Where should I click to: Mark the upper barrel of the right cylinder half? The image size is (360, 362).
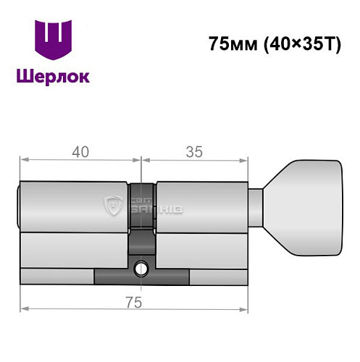click(202, 206)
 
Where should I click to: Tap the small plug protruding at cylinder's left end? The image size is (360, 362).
click(19, 206)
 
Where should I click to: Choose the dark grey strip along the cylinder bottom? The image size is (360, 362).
click(141, 277)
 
